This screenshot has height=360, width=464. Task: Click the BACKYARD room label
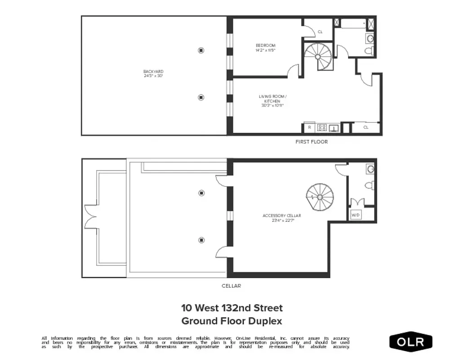point(153,74)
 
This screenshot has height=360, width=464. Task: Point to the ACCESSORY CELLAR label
point(281,218)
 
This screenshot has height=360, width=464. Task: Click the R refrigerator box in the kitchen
point(310,128)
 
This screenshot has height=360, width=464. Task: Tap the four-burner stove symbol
point(322,128)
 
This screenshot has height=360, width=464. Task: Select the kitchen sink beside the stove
point(334,128)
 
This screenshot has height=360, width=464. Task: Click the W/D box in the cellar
point(356,215)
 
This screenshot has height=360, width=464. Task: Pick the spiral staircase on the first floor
point(318,56)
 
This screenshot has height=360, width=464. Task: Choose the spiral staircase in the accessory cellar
point(320,197)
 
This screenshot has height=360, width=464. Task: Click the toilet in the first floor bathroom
point(369,50)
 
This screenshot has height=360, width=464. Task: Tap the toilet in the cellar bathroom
point(370,184)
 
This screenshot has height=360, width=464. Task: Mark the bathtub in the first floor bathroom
point(353,23)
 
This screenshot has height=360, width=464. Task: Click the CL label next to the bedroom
point(320,32)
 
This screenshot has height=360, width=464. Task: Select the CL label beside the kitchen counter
point(366,127)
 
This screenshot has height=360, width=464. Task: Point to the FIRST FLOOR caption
point(311,142)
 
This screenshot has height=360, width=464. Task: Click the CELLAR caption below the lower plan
point(232,286)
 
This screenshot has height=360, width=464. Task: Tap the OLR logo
point(411,342)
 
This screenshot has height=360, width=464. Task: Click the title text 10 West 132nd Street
point(232,308)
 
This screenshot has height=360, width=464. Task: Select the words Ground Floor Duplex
point(232,321)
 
